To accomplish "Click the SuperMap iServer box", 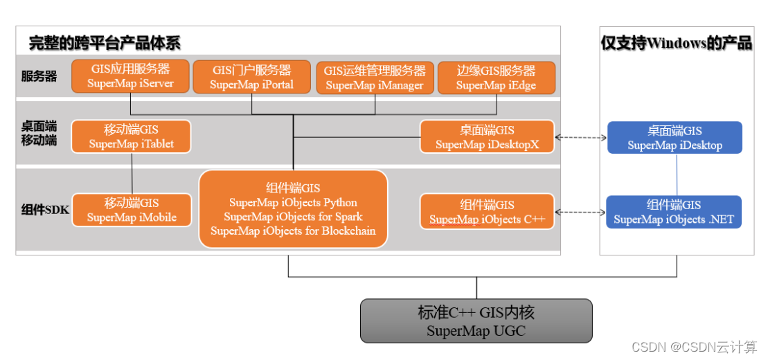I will pos(130,77).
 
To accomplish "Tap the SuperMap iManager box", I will pos(375,78).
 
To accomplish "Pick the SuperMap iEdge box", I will pos(496,78).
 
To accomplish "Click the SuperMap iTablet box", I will pos(132,136).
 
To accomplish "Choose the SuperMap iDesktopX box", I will pos(487,137).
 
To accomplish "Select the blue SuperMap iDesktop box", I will pos(675,138).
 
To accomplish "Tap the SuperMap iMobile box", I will pos(132,210).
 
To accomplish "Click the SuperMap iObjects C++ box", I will pos(487,211).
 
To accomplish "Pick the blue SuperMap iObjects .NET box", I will pos(674,212).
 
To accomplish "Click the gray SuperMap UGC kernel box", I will pos(476,321).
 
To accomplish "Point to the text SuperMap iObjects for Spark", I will pos(293,217).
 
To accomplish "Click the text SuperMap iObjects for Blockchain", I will pos(293,231).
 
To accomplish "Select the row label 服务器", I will pos(39,76).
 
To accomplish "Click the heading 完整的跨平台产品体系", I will pos(105,43).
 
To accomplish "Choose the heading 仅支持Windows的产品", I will pos(676,43).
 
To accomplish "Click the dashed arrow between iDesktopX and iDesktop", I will pos(581,138).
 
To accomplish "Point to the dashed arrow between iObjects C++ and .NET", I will pos(580,212).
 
